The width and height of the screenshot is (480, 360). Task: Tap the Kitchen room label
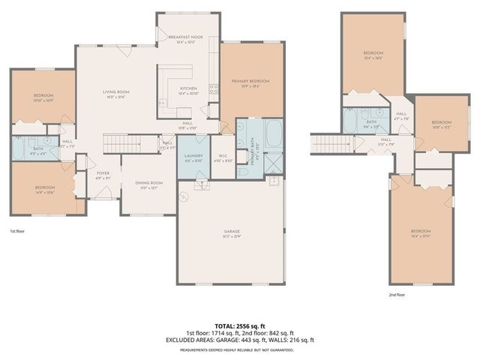coord(187,91)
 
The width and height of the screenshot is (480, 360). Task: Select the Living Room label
coord(116,94)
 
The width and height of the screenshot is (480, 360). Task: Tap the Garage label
coord(232,234)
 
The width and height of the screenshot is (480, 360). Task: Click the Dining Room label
coord(148,184)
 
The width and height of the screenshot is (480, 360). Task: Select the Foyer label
coord(103,175)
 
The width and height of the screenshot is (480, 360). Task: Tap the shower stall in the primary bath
coord(274,163)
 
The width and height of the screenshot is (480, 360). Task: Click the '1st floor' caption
coord(18,232)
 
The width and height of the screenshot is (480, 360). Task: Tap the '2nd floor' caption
coord(396,294)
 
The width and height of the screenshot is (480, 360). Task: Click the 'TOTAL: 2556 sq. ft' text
coord(238,325)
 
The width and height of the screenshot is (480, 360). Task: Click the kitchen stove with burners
coord(213,89)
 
